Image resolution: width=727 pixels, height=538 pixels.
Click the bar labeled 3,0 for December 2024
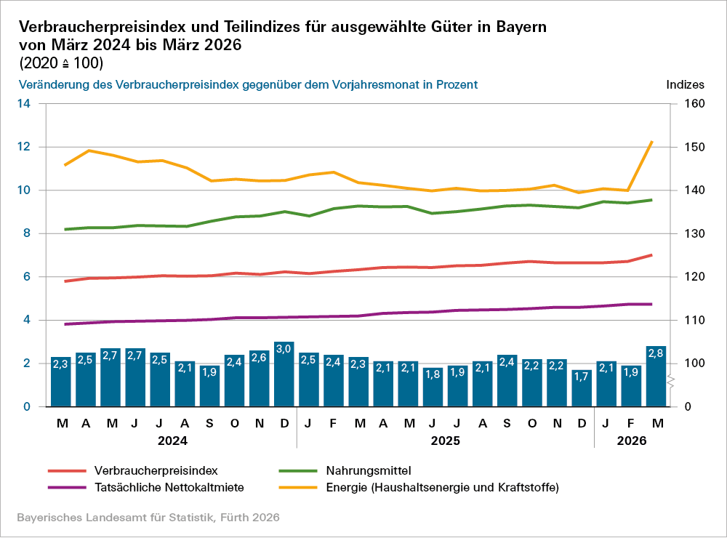coord(284,374)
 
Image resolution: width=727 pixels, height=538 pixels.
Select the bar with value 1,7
coord(582,388)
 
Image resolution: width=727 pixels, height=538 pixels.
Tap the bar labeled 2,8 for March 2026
coord(656,377)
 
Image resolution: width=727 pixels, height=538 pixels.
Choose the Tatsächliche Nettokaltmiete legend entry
coord(169,487)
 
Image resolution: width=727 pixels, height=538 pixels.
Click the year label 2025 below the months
coord(445,441)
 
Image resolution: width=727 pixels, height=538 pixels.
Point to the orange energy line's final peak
coord(652,142)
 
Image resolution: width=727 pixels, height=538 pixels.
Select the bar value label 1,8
coord(433,374)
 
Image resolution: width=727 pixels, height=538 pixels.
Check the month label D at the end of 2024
coord(284,422)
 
